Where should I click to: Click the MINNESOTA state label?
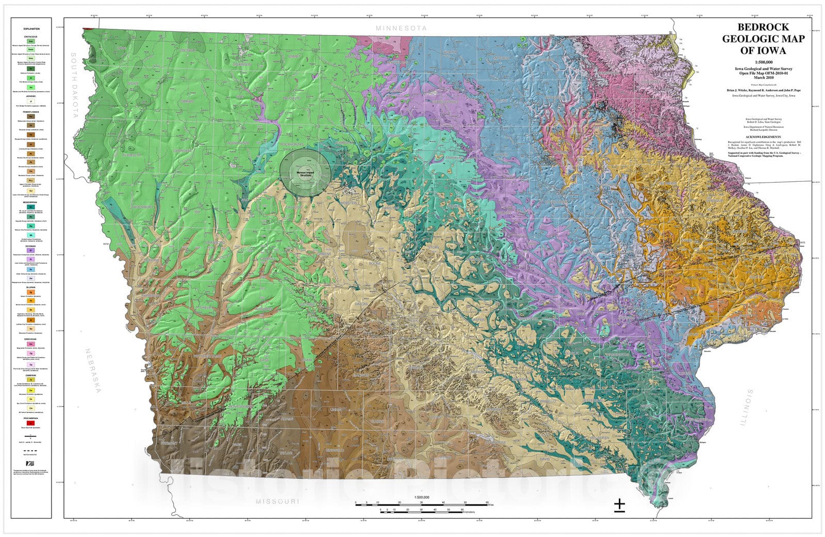pos(401,28)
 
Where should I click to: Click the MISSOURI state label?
pos(277,501)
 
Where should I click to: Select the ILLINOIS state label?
pos(747,407)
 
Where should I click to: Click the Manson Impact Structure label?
pos(305,174)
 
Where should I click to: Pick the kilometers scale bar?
pos(421,511)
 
